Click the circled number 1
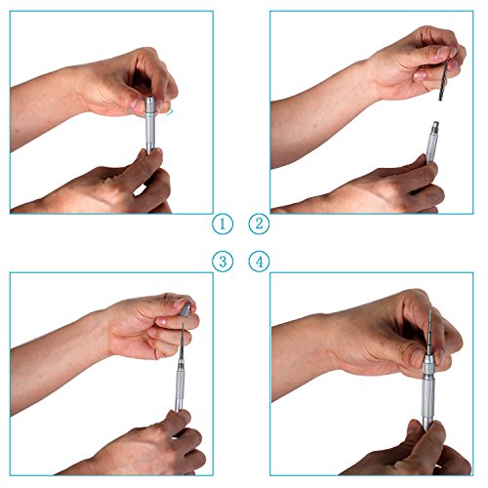223,224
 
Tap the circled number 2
260,224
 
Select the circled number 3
223,262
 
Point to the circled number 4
260,262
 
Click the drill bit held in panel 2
445,79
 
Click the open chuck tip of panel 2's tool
435,126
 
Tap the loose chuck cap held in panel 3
185,310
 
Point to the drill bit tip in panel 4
430,310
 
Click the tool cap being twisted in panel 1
150,104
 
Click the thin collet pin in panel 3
182,342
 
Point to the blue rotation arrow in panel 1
169,112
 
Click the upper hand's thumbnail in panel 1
134,104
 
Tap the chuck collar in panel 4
427,363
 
